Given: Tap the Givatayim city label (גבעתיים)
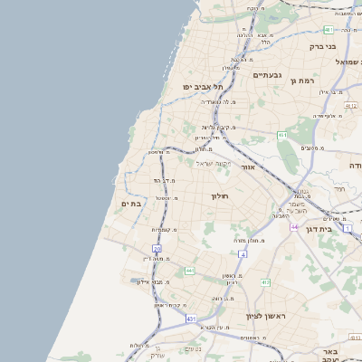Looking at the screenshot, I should tap(270, 75).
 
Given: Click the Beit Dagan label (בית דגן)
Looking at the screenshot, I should tap(341, 230).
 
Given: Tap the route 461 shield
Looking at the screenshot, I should tap(282, 136).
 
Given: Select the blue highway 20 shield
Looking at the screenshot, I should tap(157, 248).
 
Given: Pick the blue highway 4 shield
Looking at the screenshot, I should tap(242, 254).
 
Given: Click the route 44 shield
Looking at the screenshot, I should tap(294, 226).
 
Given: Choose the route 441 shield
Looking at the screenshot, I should tap(189, 271).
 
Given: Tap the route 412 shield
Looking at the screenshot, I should tap(265, 283).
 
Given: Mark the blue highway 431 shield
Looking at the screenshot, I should tap(191, 319).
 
